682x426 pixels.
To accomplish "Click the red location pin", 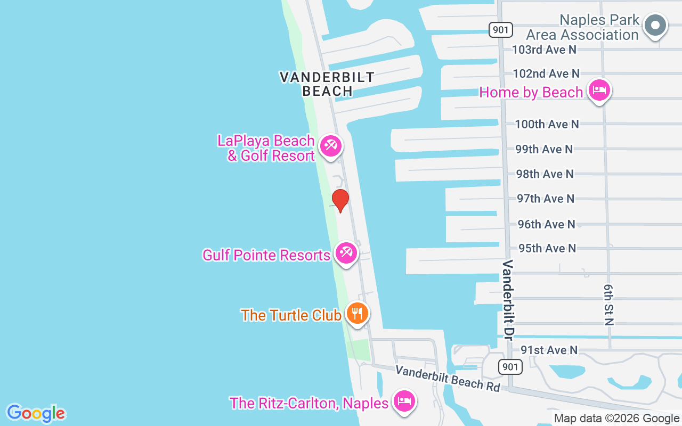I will coord(340,200).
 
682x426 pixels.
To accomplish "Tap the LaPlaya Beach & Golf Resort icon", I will coord(331,146).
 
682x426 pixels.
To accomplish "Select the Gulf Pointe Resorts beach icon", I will coord(346,253).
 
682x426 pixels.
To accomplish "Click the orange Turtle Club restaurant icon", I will coord(356,313).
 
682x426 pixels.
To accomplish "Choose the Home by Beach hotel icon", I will coord(599,89).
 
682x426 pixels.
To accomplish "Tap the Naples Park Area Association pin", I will coord(655,25).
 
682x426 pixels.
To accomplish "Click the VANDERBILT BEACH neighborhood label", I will coord(327,84).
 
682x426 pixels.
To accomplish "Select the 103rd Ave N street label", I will coord(544,50).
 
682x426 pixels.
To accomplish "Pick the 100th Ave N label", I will coord(546,124).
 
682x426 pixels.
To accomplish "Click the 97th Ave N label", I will coord(546,199).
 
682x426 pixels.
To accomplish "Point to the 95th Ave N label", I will coord(547,248).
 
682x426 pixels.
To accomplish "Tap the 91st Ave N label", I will coord(549,350).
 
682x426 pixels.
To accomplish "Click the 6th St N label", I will coord(609,304).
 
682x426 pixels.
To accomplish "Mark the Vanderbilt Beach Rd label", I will coord(448,379).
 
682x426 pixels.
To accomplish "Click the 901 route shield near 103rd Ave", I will coord(501,30).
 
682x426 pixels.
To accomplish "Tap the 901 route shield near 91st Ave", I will coord(510,366).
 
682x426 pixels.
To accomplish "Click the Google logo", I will coord(36,413).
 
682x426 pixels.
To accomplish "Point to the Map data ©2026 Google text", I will coord(616,419).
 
